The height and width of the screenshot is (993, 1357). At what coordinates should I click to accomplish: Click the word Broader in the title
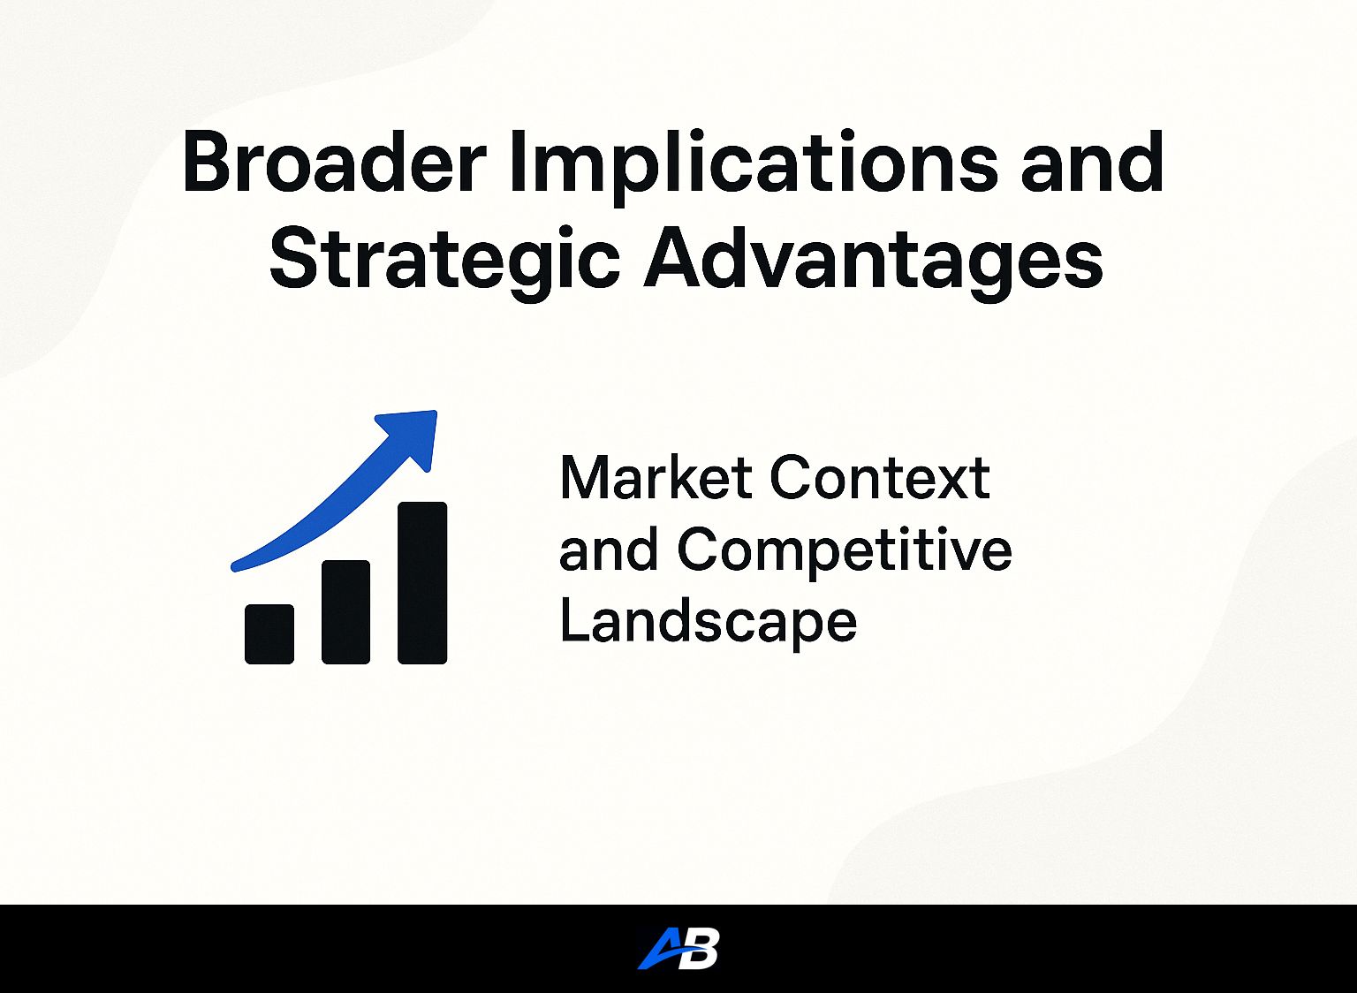pyautogui.click(x=333, y=162)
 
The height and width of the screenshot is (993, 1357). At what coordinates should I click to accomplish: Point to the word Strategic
pyautogui.click(x=444, y=262)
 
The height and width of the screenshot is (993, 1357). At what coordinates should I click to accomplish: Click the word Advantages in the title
pyautogui.click(x=873, y=262)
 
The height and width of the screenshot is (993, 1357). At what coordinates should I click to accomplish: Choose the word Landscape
pyautogui.click(x=709, y=625)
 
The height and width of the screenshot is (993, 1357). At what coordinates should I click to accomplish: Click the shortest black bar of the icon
pyautogui.click(x=269, y=633)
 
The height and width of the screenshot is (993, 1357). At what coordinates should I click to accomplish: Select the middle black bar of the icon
pyautogui.click(x=345, y=612)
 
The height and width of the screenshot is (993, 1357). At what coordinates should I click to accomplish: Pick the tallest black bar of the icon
pyautogui.click(x=422, y=583)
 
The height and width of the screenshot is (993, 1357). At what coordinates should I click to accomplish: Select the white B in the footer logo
pyautogui.click(x=701, y=949)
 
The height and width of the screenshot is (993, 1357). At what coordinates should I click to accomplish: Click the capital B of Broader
pyautogui.click(x=208, y=162)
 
